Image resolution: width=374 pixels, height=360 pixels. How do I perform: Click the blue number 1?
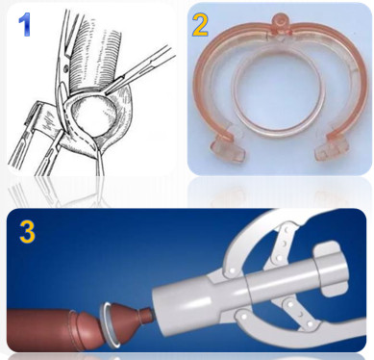[x=24, y=24]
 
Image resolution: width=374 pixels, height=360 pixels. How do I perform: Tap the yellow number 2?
[x=200, y=24]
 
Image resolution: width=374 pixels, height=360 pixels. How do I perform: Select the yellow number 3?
[x=27, y=231]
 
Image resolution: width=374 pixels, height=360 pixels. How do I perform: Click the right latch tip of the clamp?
[x=333, y=149]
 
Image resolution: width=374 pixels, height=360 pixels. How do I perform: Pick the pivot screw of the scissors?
[x=66, y=68]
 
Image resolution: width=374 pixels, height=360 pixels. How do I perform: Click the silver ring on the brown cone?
[x=108, y=324]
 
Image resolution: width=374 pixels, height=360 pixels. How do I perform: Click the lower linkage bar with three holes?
[x=295, y=316]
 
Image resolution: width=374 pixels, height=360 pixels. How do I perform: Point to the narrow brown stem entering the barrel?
[x=146, y=316]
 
